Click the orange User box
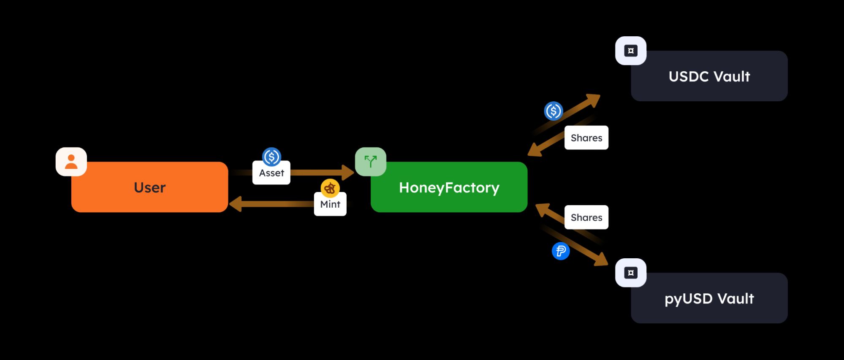pos(150,187)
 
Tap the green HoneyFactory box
pos(449,187)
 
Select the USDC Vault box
pos(709,76)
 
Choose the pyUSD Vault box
pos(709,298)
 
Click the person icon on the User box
pos(71,162)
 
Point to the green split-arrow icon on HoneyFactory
pos(371,162)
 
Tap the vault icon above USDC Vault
pos(631,51)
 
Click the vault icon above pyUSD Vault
pos(631,273)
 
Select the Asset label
pos(271,173)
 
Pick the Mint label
pos(330,204)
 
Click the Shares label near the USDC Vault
pos(586,138)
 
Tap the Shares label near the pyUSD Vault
pos(586,217)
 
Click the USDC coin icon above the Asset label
pos(271,157)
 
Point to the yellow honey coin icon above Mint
pos(330,188)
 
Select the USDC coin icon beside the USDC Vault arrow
pos(554,111)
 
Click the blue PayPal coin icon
pos(561,251)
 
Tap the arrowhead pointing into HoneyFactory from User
pos(348,172)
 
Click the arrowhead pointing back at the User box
pos(236,204)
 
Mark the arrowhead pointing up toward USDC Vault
pos(593,100)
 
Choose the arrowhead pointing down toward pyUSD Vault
pos(601,260)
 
